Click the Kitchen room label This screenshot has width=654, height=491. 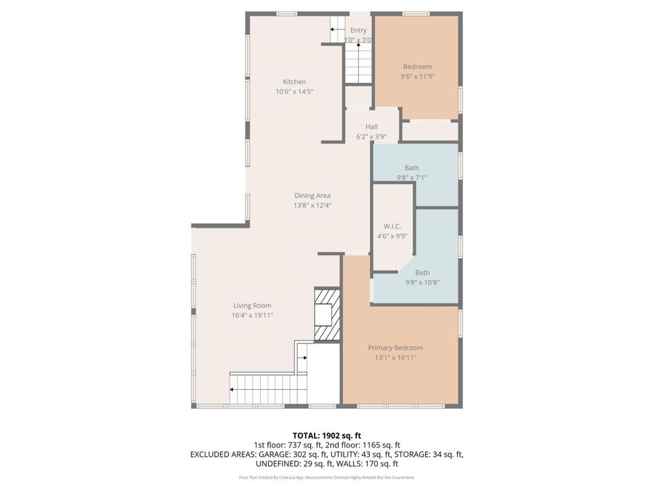point(294,81)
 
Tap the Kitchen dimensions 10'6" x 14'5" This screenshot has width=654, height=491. point(294,92)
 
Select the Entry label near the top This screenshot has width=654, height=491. point(358,30)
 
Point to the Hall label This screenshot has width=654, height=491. point(371,127)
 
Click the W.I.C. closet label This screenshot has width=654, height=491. point(392,226)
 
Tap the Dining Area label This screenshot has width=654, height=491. point(312,195)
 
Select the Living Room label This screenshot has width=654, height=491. point(252,306)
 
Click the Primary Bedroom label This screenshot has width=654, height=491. point(395,348)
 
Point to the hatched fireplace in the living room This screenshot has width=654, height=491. point(326,314)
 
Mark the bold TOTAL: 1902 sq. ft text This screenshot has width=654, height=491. point(326,434)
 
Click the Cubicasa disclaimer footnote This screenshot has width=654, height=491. point(326,477)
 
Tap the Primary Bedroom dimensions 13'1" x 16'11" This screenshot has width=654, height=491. point(395,357)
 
